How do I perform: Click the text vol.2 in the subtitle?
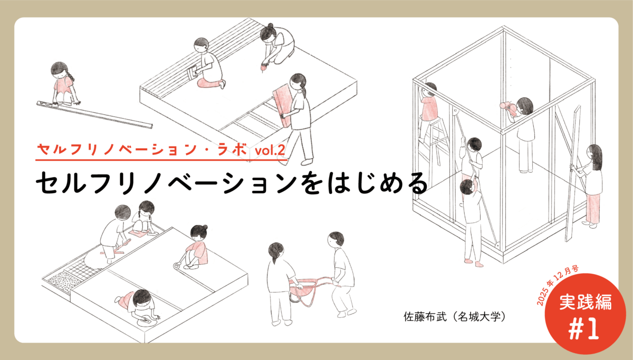coord(270,151)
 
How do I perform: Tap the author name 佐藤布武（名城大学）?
coord(454,317)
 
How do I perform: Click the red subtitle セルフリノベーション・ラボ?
coord(142,151)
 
